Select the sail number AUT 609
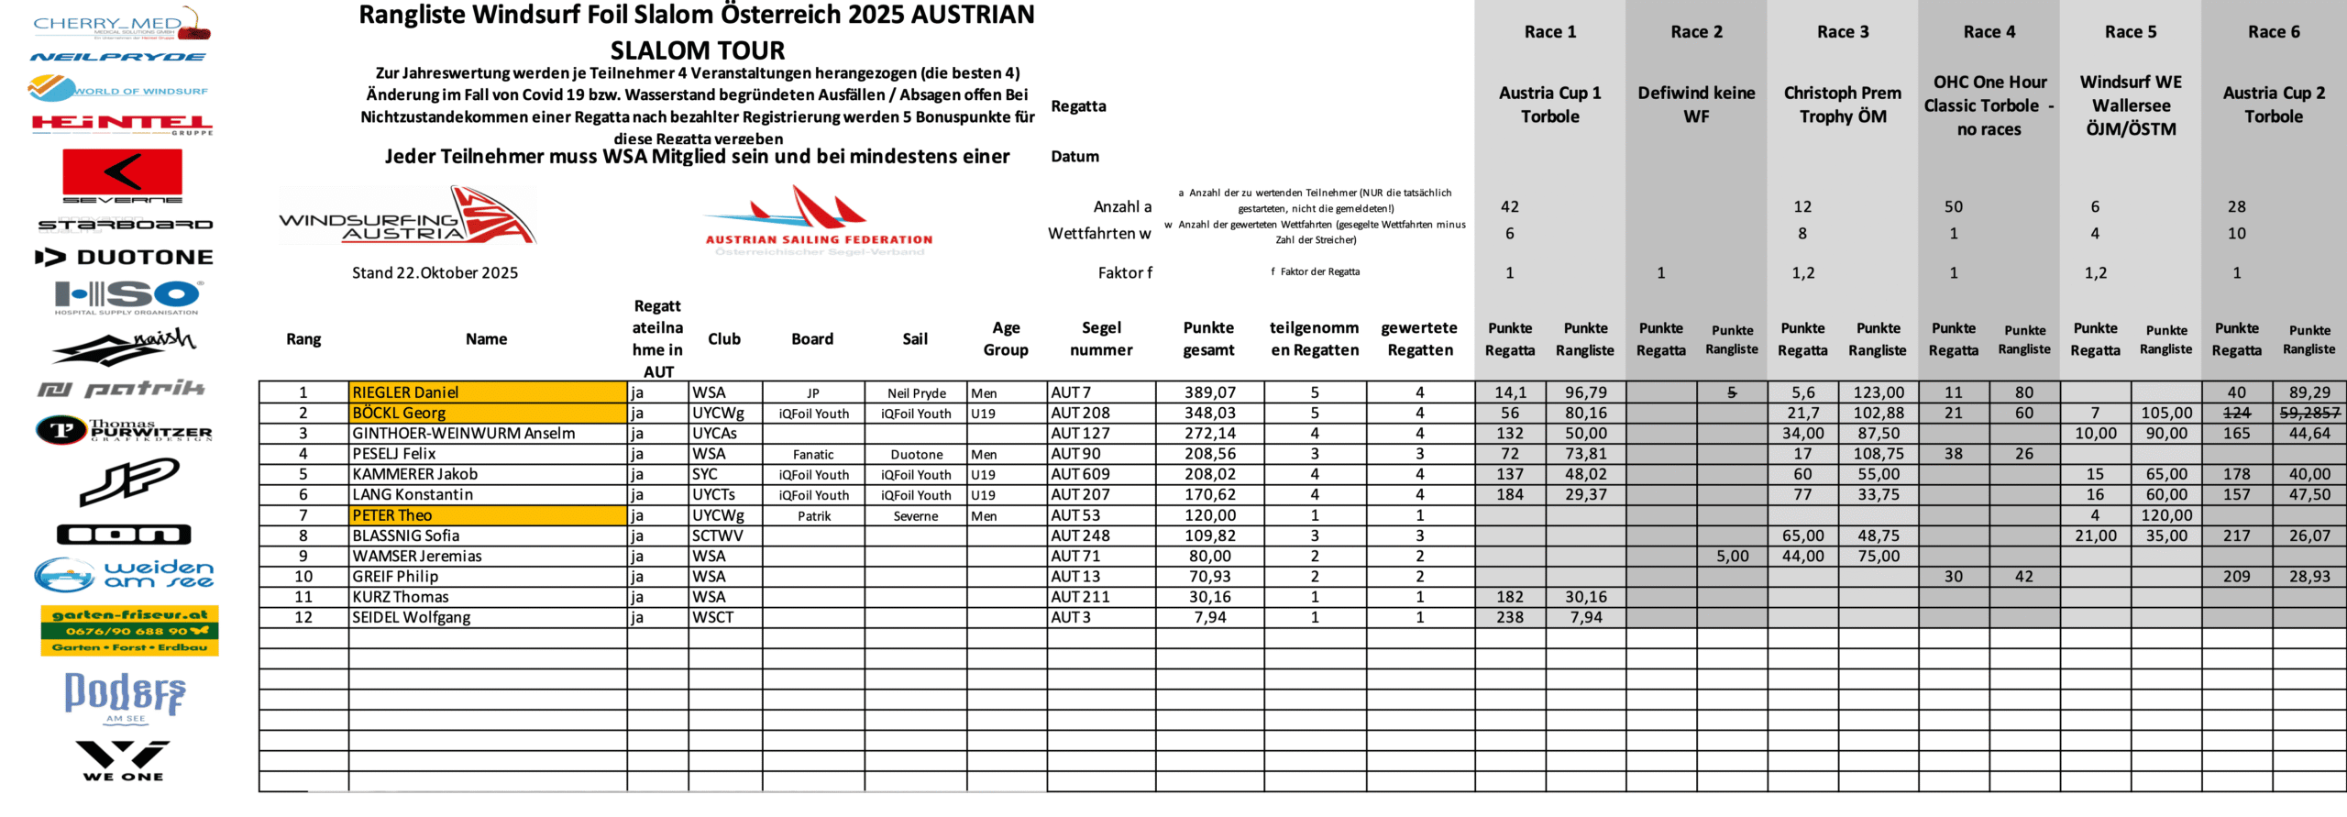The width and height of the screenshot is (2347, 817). [1080, 474]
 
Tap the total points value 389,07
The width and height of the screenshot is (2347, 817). [1209, 392]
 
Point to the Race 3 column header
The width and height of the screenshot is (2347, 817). [1843, 32]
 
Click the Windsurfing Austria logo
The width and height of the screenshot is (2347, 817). [407, 216]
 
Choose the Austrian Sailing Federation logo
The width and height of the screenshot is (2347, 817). [818, 220]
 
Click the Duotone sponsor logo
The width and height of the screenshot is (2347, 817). [124, 258]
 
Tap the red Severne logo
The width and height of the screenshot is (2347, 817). [122, 175]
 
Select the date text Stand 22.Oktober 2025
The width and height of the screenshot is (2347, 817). [435, 273]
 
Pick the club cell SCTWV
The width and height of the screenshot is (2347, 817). [717, 535]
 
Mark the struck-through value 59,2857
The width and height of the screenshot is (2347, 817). [2309, 414]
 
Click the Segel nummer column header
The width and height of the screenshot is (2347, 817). [1101, 338]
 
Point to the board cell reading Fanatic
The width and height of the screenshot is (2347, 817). [813, 455]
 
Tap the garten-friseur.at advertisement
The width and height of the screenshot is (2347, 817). [129, 630]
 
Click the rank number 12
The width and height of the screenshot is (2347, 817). [303, 617]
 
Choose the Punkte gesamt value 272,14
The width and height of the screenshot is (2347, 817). [1209, 434]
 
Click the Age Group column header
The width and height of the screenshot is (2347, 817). [1006, 338]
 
